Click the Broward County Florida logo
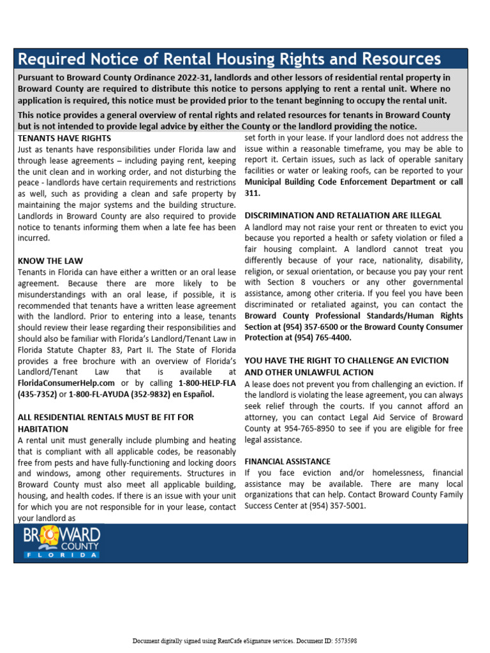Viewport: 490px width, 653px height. (x=62, y=543)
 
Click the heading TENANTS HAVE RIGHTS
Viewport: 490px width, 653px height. (x=64, y=138)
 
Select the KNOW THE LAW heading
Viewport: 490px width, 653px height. (x=50, y=261)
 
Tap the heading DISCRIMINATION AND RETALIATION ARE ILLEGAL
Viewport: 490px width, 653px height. (x=343, y=216)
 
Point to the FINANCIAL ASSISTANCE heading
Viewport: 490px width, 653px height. (x=287, y=461)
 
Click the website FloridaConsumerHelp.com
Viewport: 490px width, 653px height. (x=66, y=383)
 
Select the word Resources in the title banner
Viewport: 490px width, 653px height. (x=400, y=59)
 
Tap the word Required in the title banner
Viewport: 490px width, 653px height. (x=48, y=59)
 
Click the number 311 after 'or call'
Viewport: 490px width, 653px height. (x=253, y=193)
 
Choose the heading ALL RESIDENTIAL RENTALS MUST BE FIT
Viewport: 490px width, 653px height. (x=105, y=417)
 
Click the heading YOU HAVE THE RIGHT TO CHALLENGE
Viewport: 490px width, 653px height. (x=346, y=360)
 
